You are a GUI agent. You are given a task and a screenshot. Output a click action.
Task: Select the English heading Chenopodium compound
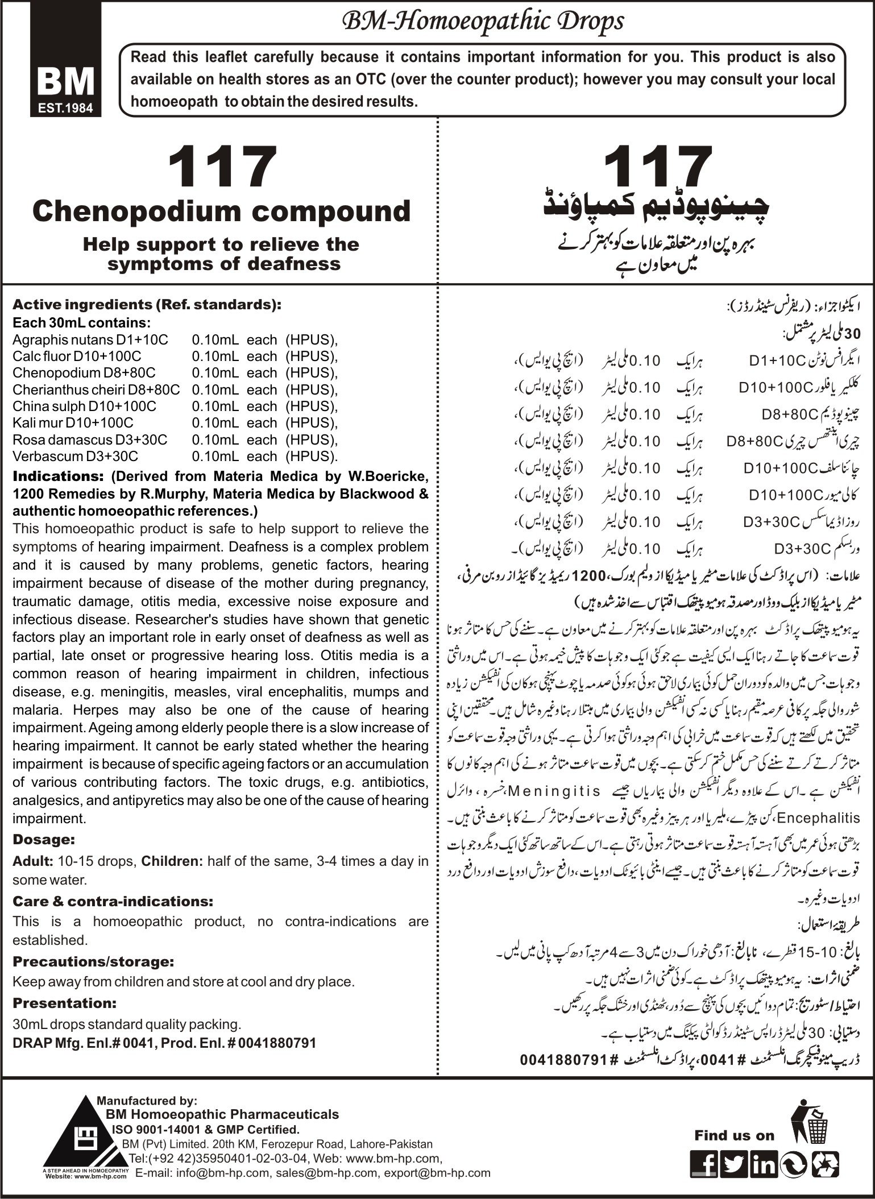pyautogui.click(x=221, y=211)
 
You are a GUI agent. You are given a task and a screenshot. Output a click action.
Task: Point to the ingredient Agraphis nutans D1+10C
pyautogui.click(x=90, y=340)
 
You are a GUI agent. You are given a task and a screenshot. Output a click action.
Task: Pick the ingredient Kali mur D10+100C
pyautogui.click(x=73, y=423)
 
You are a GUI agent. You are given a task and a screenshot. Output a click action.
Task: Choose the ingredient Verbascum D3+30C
pyautogui.click(x=75, y=456)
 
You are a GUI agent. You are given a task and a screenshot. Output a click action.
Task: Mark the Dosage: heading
pyautogui.click(x=44, y=839)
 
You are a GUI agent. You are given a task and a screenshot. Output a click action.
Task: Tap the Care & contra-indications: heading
pyautogui.click(x=113, y=901)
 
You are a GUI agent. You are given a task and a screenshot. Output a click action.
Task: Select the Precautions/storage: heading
pyautogui.click(x=93, y=962)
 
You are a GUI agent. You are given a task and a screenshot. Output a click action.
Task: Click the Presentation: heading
pyautogui.click(x=64, y=1002)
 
